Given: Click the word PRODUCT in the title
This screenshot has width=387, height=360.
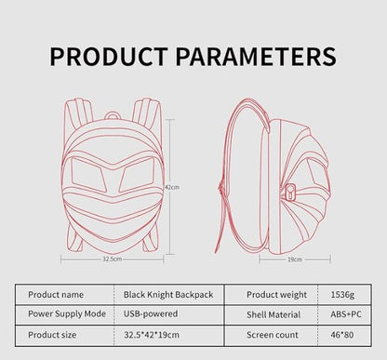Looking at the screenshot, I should tap(106, 57).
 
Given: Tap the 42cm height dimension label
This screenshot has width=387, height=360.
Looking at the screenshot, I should tap(171, 187).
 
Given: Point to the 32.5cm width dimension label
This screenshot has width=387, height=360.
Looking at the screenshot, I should tap(113, 260).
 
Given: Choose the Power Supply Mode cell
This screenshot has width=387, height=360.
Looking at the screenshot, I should tap(67, 313).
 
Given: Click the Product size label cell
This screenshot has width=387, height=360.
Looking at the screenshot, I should tap(55, 333).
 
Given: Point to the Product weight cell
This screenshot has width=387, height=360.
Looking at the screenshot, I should tap(276, 294).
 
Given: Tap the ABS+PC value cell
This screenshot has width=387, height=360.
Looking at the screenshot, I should tap(341, 313).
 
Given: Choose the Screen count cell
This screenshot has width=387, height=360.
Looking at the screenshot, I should tap(272, 333).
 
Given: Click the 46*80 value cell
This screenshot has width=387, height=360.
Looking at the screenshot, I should tap(341, 333).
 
